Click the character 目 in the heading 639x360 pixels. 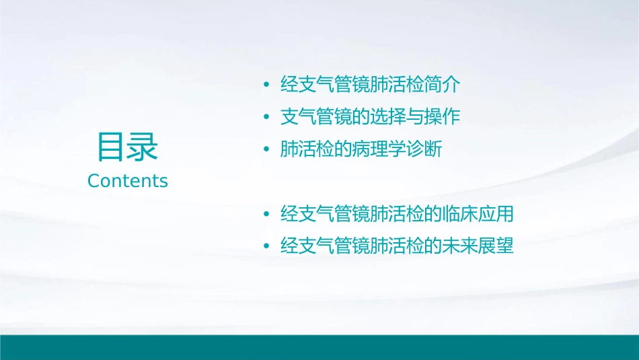pyautogui.click(x=112, y=147)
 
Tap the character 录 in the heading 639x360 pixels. pyautogui.click(x=143, y=147)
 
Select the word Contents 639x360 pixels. pyautogui.click(x=128, y=180)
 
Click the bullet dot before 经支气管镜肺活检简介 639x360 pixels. pyautogui.click(x=267, y=85)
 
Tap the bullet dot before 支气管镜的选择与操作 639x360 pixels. pyautogui.click(x=267, y=117)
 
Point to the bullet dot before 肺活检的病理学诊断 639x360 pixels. pyautogui.click(x=267, y=149)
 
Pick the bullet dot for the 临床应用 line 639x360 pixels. pyautogui.click(x=267, y=215)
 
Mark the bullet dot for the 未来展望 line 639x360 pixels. pyautogui.click(x=267, y=247)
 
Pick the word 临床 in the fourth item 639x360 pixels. pyautogui.click(x=461, y=214)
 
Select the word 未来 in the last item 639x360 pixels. pyautogui.click(x=461, y=246)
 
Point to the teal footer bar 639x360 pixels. pyautogui.click(x=319, y=347)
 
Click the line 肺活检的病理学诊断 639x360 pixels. pyautogui.click(x=361, y=149)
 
